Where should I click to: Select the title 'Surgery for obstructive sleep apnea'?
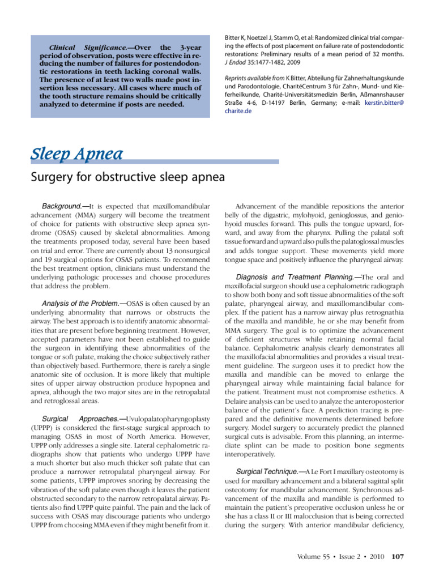pyautogui.click(x=127, y=177)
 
